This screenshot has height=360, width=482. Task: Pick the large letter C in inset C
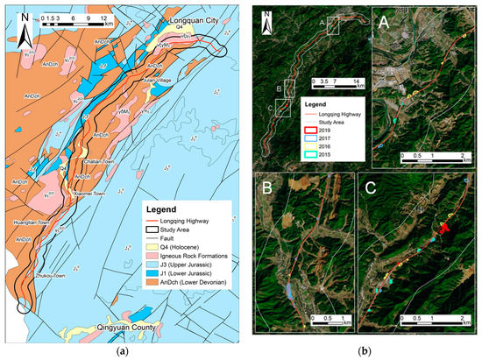[373, 188]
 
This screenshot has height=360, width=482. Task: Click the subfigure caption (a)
[120, 350]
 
